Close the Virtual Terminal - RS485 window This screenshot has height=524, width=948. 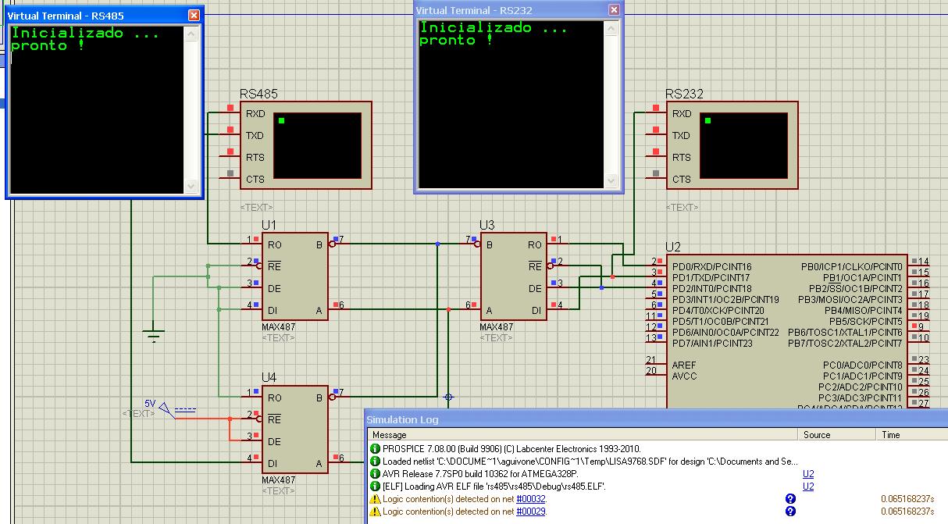coord(194,16)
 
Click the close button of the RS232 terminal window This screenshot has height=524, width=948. coord(614,10)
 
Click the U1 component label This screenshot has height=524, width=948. coord(269,225)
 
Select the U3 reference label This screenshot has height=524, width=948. coord(486,225)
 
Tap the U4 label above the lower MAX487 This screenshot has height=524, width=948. coord(269,377)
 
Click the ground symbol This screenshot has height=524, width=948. coord(154,333)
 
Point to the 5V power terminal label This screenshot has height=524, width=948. coord(150,404)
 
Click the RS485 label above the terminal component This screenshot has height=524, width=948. coord(258,94)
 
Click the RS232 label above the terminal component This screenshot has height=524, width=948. coord(684,94)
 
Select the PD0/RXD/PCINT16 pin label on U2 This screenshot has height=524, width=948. coord(711,267)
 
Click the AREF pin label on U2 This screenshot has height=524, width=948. coord(683,365)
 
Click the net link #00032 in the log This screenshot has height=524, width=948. coord(531,499)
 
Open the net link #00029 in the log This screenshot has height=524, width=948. coord(531,512)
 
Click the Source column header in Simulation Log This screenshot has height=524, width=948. coord(817,435)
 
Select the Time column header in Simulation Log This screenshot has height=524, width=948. coord(890,435)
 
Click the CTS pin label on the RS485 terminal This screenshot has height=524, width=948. coord(255,179)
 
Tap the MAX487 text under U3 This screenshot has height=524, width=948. coord(496,327)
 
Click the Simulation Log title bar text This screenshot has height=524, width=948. coord(402,419)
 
